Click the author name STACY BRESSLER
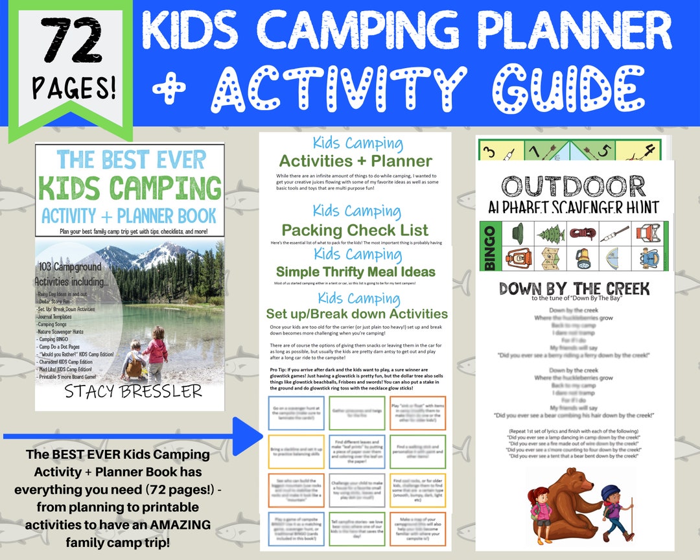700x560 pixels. (x=133, y=391)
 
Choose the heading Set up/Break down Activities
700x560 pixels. (x=356, y=314)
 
